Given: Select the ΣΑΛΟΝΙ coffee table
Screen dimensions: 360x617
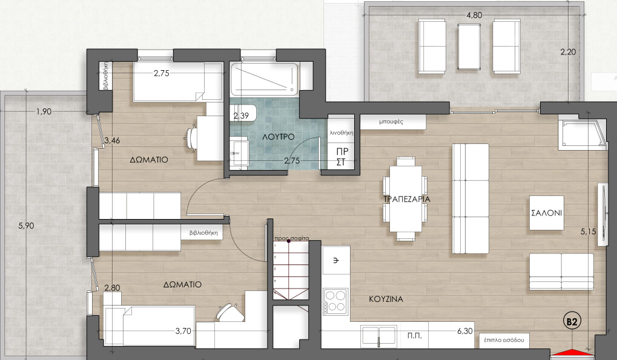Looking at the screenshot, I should (x=546, y=212).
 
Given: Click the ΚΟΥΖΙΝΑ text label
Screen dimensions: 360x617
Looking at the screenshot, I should (x=386, y=299).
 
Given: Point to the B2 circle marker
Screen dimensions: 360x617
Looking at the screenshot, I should (x=572, y=321).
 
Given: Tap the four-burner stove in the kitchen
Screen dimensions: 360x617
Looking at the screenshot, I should (x=336, y=301).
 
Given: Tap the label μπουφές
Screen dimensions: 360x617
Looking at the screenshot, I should (x=391, y=121).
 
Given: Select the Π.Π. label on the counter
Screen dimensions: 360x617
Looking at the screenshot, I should (x=414, y=334).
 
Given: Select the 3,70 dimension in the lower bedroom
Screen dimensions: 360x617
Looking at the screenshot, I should (x=183, y=331).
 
